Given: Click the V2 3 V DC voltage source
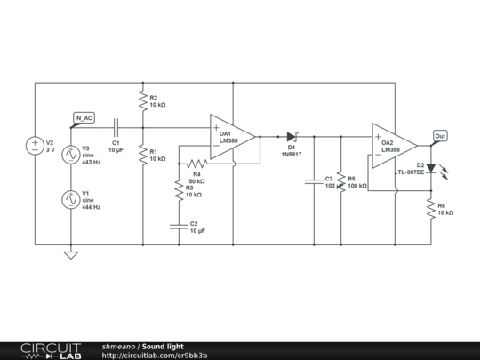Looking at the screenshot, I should click(x=36, y=145).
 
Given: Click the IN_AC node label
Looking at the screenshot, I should click(x=84, y=118).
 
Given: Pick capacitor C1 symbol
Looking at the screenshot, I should click(x=116, y=128).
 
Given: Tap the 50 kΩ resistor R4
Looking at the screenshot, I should click(x=196, y=164).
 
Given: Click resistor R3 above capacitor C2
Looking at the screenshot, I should click(x=178, y=189).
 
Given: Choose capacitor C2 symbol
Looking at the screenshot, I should click(x=178, y=226).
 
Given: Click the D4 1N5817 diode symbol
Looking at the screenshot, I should click(x=291, y=137).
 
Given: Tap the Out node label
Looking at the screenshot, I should click(x=439, y=136).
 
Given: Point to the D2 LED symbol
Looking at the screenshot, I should click(x=431, y=167).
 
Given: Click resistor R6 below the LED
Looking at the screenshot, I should click(x=430, y=209).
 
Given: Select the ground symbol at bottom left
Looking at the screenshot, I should click(x=71, y=255).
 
